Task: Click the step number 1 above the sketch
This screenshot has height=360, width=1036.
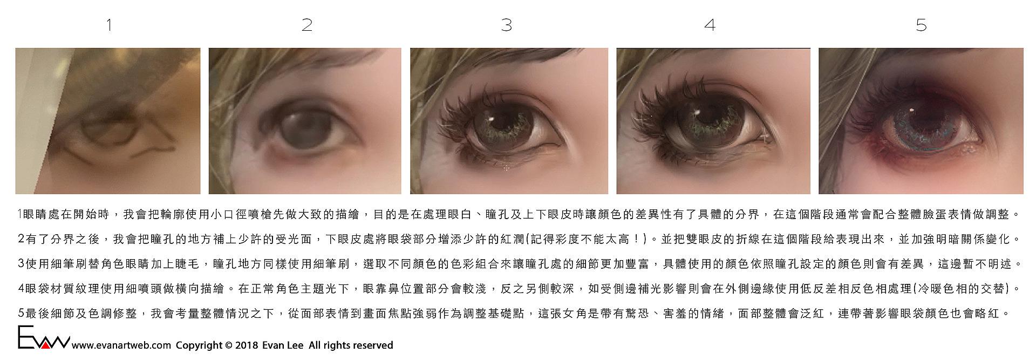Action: coord(109,25)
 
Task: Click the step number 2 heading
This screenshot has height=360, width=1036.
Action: coord(307,25)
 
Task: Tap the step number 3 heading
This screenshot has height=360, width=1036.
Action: coord(506,25)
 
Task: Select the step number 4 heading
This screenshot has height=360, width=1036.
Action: coord(710,25)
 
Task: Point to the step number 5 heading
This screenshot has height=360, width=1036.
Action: coord(921,25)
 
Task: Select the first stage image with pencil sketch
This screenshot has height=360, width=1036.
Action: coord(108,121)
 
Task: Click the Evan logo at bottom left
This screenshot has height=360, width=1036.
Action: coord(43,338)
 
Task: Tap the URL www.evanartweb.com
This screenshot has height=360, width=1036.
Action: coord(121,345)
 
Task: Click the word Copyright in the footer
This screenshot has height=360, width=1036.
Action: coord(199,345)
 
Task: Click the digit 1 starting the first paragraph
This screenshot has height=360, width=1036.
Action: coord(19,215)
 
